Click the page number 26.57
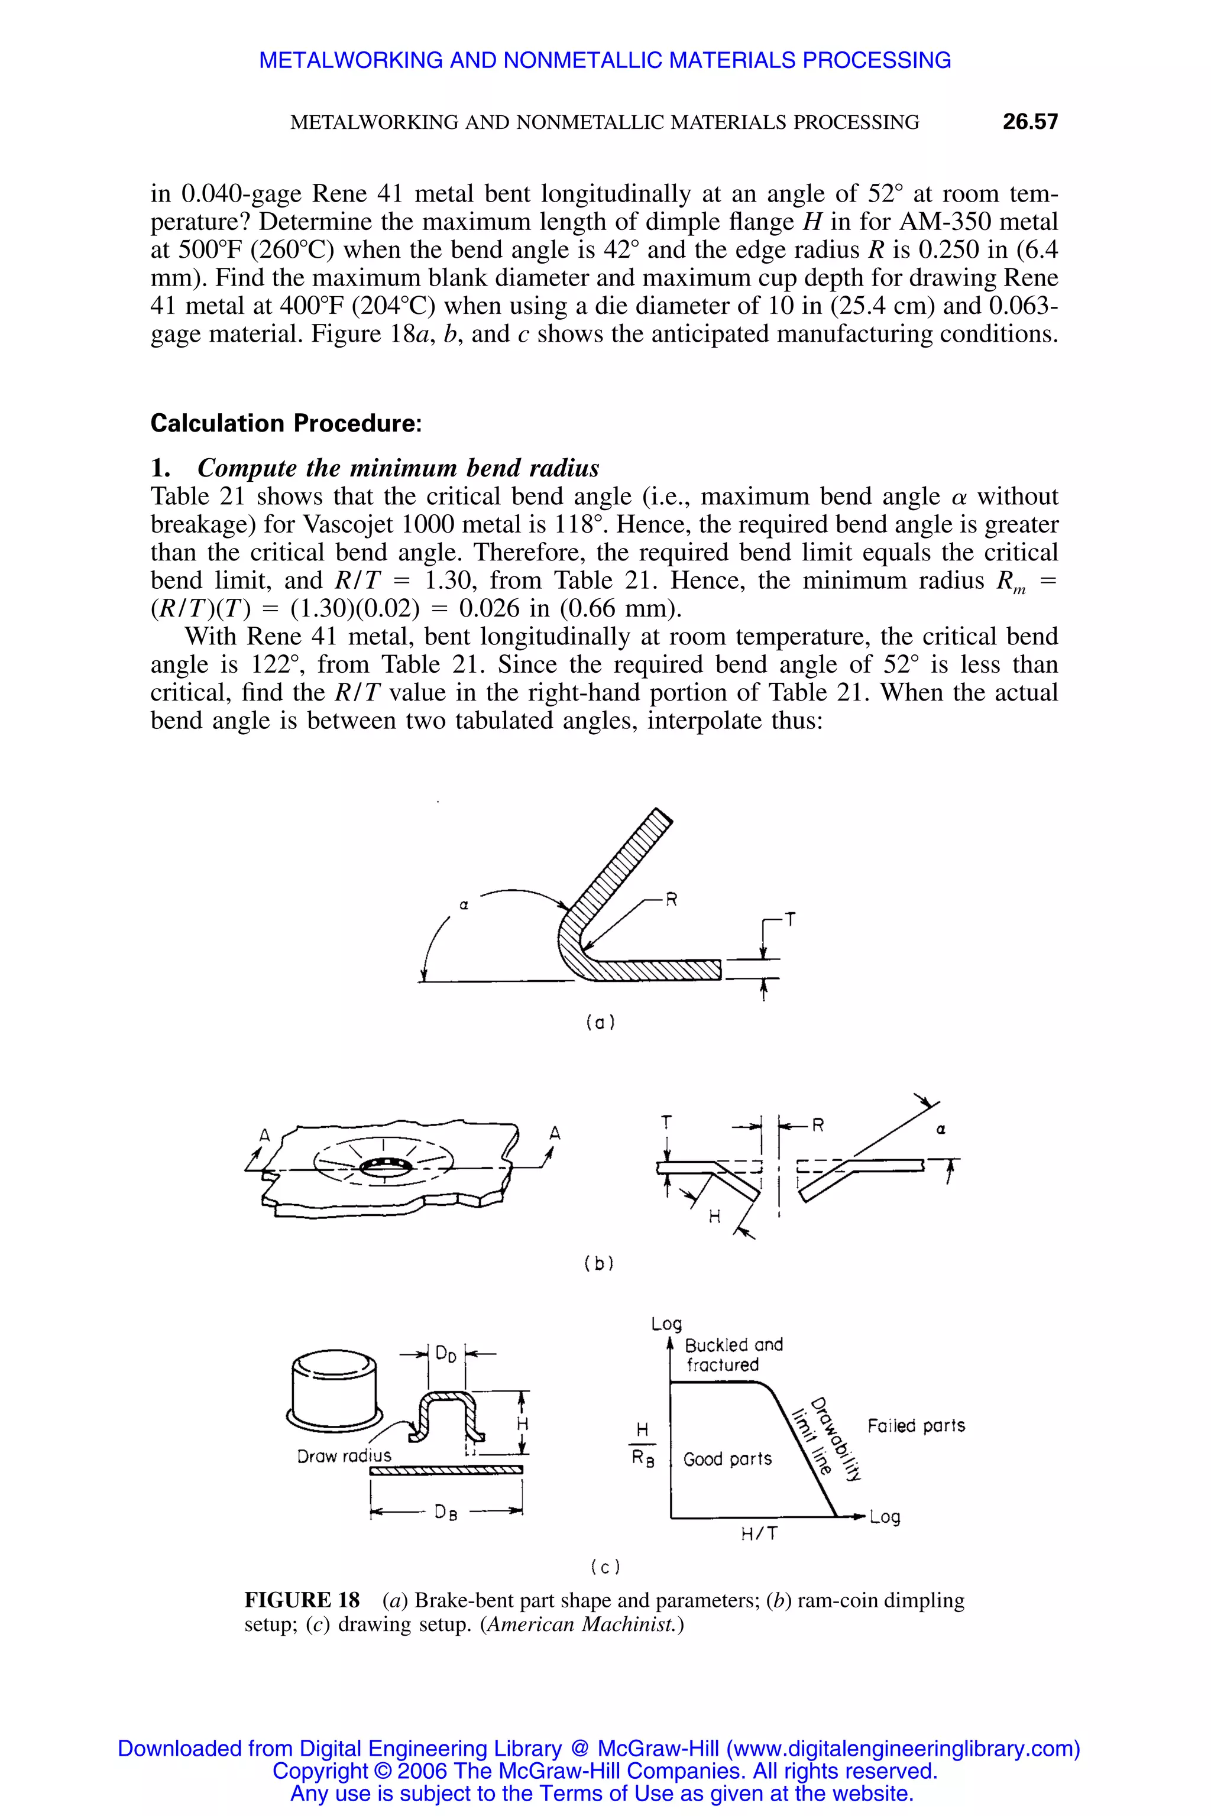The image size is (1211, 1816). tap(1029, 122)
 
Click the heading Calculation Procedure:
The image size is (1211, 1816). tap(286, 423)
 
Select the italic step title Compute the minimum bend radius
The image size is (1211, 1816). tap(398, 468)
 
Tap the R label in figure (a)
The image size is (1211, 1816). tap(671, 900)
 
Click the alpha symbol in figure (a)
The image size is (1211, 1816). tap(464, 906)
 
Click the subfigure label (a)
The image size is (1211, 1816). tap(600, 1023)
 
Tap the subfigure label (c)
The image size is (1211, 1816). tap(605, 1567)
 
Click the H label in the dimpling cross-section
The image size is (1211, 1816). tap(714, 1218)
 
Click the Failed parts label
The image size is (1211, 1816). tap(916, 1425)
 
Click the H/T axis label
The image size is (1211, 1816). tap(759, 1534)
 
